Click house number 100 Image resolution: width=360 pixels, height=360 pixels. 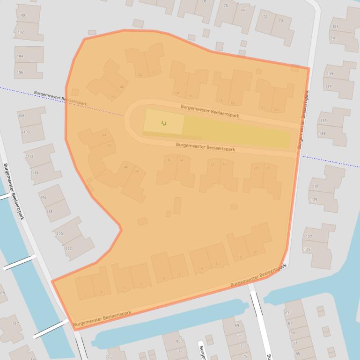23,15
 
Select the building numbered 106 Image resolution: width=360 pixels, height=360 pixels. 20,72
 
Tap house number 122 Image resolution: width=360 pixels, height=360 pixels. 68,248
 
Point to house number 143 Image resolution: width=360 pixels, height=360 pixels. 335,27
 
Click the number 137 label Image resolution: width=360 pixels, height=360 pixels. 329,86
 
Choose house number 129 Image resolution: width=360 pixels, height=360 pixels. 315,200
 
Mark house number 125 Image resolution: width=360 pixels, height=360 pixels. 307,249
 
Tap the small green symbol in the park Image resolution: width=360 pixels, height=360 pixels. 163,123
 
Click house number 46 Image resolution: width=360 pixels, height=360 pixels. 112,97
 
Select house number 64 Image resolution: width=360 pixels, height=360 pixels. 276,110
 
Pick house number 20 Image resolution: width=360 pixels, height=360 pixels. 255,252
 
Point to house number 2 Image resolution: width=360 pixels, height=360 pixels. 86,295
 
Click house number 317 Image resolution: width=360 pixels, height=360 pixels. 15,324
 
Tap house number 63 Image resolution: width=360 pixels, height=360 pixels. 287,313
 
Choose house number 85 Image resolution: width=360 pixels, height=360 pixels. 178,341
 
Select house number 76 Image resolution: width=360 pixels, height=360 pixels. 226,6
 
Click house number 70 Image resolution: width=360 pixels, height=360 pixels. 280,21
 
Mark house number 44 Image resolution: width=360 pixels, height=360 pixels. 104,135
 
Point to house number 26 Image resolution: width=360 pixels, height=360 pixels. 268,168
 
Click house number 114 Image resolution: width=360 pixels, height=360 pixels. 35,173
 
